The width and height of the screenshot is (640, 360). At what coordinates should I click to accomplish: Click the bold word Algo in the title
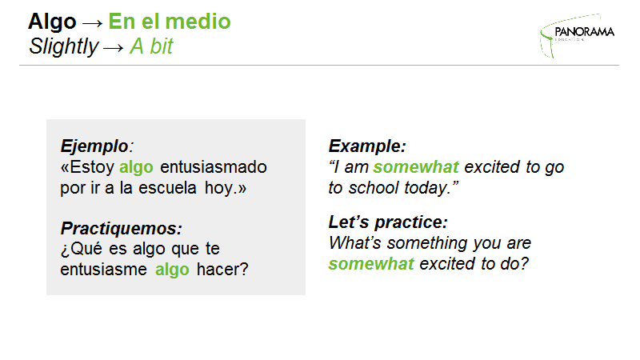(x=52, y=22)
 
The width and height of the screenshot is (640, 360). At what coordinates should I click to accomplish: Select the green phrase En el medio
(x=170, y=22)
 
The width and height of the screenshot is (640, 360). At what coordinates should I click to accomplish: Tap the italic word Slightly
(x=64, y=47)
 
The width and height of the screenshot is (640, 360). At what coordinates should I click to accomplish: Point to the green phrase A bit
(x=151, y=46)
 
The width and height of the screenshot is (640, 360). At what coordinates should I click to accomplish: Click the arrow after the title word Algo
(x=92, y=24)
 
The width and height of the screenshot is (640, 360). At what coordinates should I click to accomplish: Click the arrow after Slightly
(x=113, y=49)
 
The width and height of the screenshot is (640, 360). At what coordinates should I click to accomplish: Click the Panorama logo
(x=577, y=35)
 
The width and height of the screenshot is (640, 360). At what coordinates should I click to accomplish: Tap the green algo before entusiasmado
(x=136, y=168)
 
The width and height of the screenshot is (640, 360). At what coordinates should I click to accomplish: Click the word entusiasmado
(x=214, y=167)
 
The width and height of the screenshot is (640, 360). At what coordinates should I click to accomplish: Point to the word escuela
(x=167, y=188)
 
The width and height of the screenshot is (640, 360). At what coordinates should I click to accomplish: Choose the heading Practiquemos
(x=122, y=229)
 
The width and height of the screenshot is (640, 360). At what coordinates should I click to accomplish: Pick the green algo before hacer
(x=172, y=270)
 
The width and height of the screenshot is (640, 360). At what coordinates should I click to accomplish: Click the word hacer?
(x=222, y=270)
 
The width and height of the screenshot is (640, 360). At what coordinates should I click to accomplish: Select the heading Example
(x=367, y=146)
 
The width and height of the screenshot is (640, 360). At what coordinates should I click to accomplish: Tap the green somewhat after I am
(x=416, y=167)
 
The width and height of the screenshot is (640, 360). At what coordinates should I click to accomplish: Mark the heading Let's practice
(x=388, y=222)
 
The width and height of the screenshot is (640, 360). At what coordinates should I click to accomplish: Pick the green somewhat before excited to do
(x=371, y=264)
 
